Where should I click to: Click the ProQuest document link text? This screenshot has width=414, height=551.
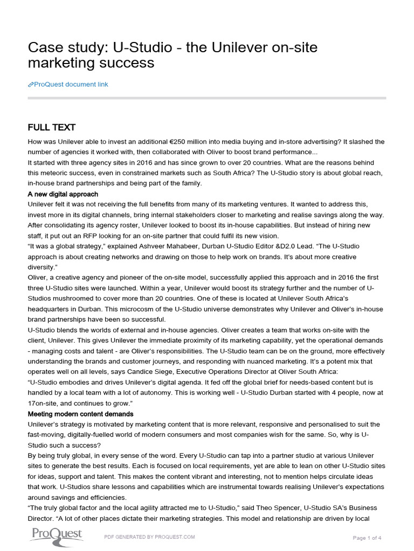point(71,84)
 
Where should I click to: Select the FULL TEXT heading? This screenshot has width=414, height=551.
point(52,128)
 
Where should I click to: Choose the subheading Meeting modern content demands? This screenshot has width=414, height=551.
point(80,414)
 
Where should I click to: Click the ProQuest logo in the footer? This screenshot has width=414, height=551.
point(56,535)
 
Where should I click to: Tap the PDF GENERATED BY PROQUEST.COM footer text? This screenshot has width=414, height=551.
point(149,537)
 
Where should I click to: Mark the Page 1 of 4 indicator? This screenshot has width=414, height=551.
point(367,538)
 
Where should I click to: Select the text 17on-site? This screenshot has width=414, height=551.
point(45,404)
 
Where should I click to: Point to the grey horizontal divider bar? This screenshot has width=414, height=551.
point(206,98)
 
